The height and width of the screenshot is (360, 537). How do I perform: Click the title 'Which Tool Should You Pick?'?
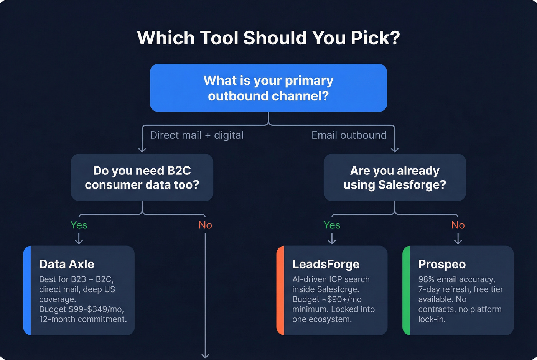click(268, 38)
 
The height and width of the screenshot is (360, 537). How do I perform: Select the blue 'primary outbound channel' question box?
click(268, 88)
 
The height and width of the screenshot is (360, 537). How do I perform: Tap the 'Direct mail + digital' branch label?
click(196, 135)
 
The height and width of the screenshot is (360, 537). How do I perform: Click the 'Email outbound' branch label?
click(349, 135)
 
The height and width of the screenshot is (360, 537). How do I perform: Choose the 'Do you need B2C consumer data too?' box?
click(142, 178)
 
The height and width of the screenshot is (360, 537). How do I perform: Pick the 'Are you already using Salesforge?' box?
click(395, 178)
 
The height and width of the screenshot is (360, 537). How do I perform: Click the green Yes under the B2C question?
click(79, 225)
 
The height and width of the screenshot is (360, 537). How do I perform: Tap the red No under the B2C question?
click(205, 225)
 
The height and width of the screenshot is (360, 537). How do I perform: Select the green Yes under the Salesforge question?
click(332, 225)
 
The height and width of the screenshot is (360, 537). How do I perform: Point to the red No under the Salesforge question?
click(458, 225)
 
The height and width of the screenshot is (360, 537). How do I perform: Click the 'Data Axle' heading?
click(67, 264)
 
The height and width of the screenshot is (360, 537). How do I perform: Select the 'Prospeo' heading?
click(442, 264)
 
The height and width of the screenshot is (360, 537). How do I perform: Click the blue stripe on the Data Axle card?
click(27, 290)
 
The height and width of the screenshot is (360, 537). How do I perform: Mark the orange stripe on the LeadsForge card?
click(280, 290)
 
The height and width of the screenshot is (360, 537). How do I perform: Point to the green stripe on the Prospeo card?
click(406, 290)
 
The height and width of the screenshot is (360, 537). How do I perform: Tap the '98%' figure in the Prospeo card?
click(426, 279)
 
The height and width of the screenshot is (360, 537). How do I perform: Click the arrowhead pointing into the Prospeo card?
click(458, 242)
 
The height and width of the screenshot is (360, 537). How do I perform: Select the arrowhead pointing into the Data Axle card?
click(79, 242)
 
